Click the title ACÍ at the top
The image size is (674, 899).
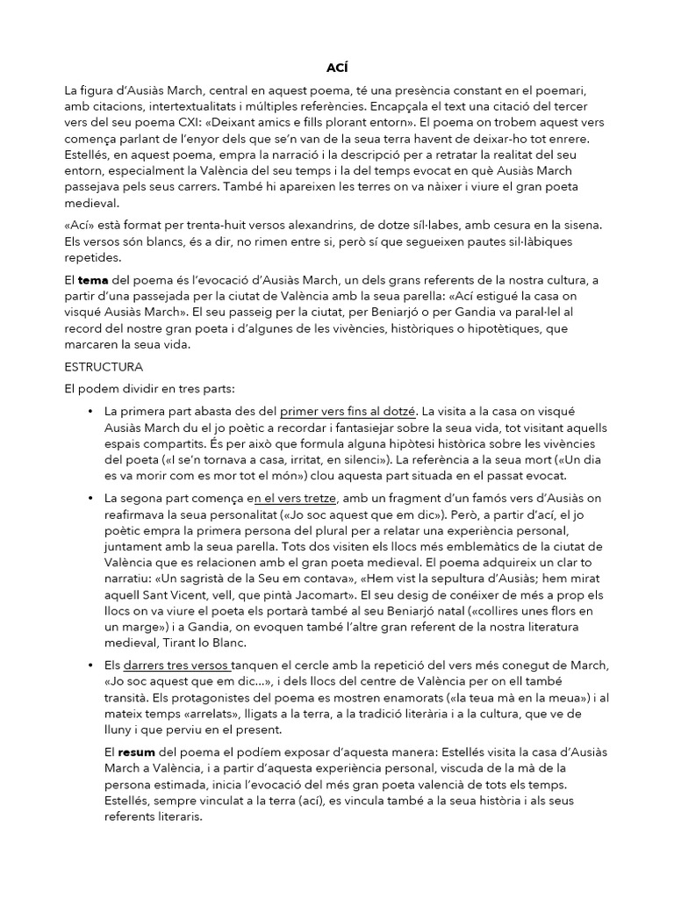(x=337, y=67)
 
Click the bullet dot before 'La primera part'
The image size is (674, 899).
(x=90, y=411)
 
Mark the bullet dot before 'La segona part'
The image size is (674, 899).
(x=90, y=498)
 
